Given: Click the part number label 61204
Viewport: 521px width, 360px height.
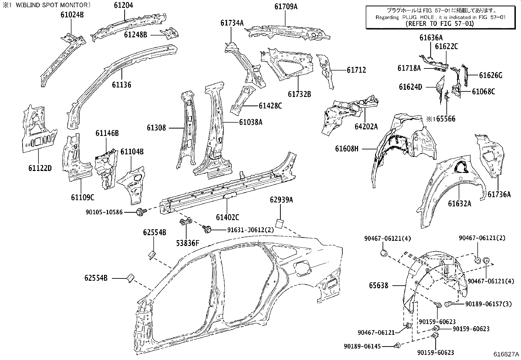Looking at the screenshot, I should tap(124, 6).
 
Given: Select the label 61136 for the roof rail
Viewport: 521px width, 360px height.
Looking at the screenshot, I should tap(121, 85).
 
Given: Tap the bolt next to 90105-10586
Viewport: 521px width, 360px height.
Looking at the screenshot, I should tap(141, 213).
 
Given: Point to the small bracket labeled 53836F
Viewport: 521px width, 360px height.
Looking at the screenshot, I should tap(186, 222).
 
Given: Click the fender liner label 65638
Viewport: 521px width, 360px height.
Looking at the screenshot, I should tap(379, 285).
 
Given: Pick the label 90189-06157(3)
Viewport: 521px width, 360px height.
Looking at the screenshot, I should tap(488, 304).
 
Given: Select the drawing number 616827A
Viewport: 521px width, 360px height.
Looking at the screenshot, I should tap(506, 354).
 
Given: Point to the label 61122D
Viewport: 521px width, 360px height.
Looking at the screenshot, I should tap(40, 168).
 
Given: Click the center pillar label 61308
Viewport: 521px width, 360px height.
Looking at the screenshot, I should tap(156, 128).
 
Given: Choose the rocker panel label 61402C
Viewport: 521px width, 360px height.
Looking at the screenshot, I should tap(227, 217).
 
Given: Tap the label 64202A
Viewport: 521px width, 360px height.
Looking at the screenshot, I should tap(366, 126).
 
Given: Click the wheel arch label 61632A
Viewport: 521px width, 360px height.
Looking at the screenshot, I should tap(459, 204).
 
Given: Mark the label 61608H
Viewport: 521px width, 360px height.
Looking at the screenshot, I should tap(347, 149).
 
